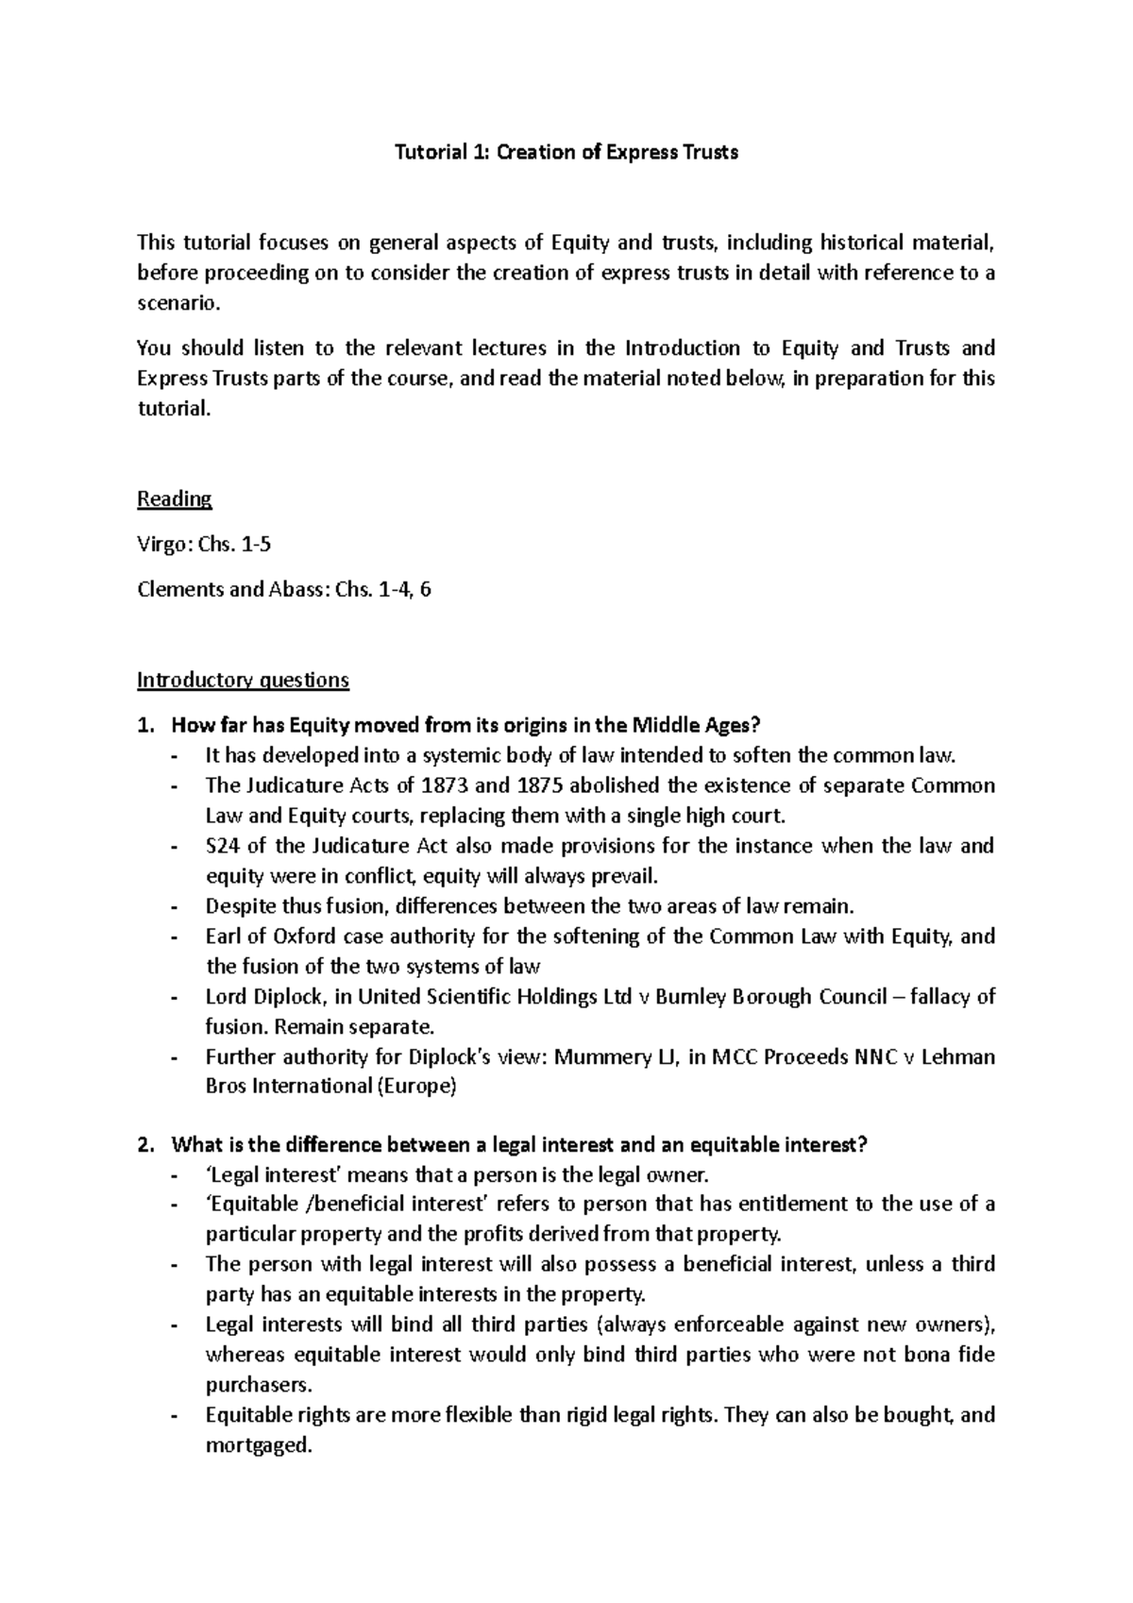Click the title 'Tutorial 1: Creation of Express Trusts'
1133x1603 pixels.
click(566, 152)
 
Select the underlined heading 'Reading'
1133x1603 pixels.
click(174, 498)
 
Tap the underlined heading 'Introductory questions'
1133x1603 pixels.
click(243, 680)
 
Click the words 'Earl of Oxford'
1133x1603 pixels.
click(259, 936)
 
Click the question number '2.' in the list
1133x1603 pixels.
click(144, 1146)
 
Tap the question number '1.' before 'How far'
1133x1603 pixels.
click(144, 726)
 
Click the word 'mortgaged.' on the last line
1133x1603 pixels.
click(257, 1445)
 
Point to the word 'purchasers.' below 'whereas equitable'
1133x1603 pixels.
click(260, 1385)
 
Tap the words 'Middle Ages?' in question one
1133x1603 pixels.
click(695, 726)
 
